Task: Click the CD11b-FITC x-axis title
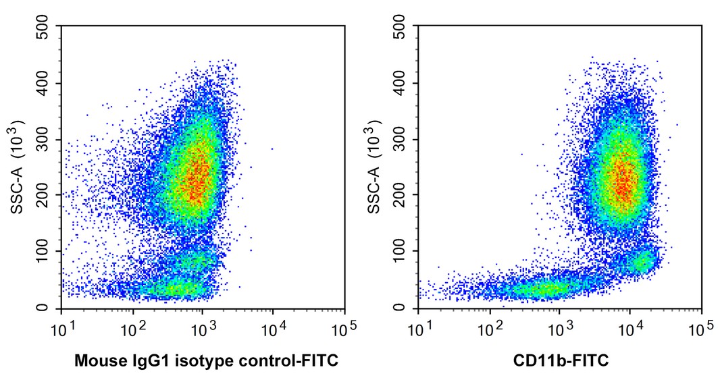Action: [x=559, y=361]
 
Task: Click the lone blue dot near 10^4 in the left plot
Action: [x=272, y=148]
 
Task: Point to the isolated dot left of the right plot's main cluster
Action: [x=521, y=155]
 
